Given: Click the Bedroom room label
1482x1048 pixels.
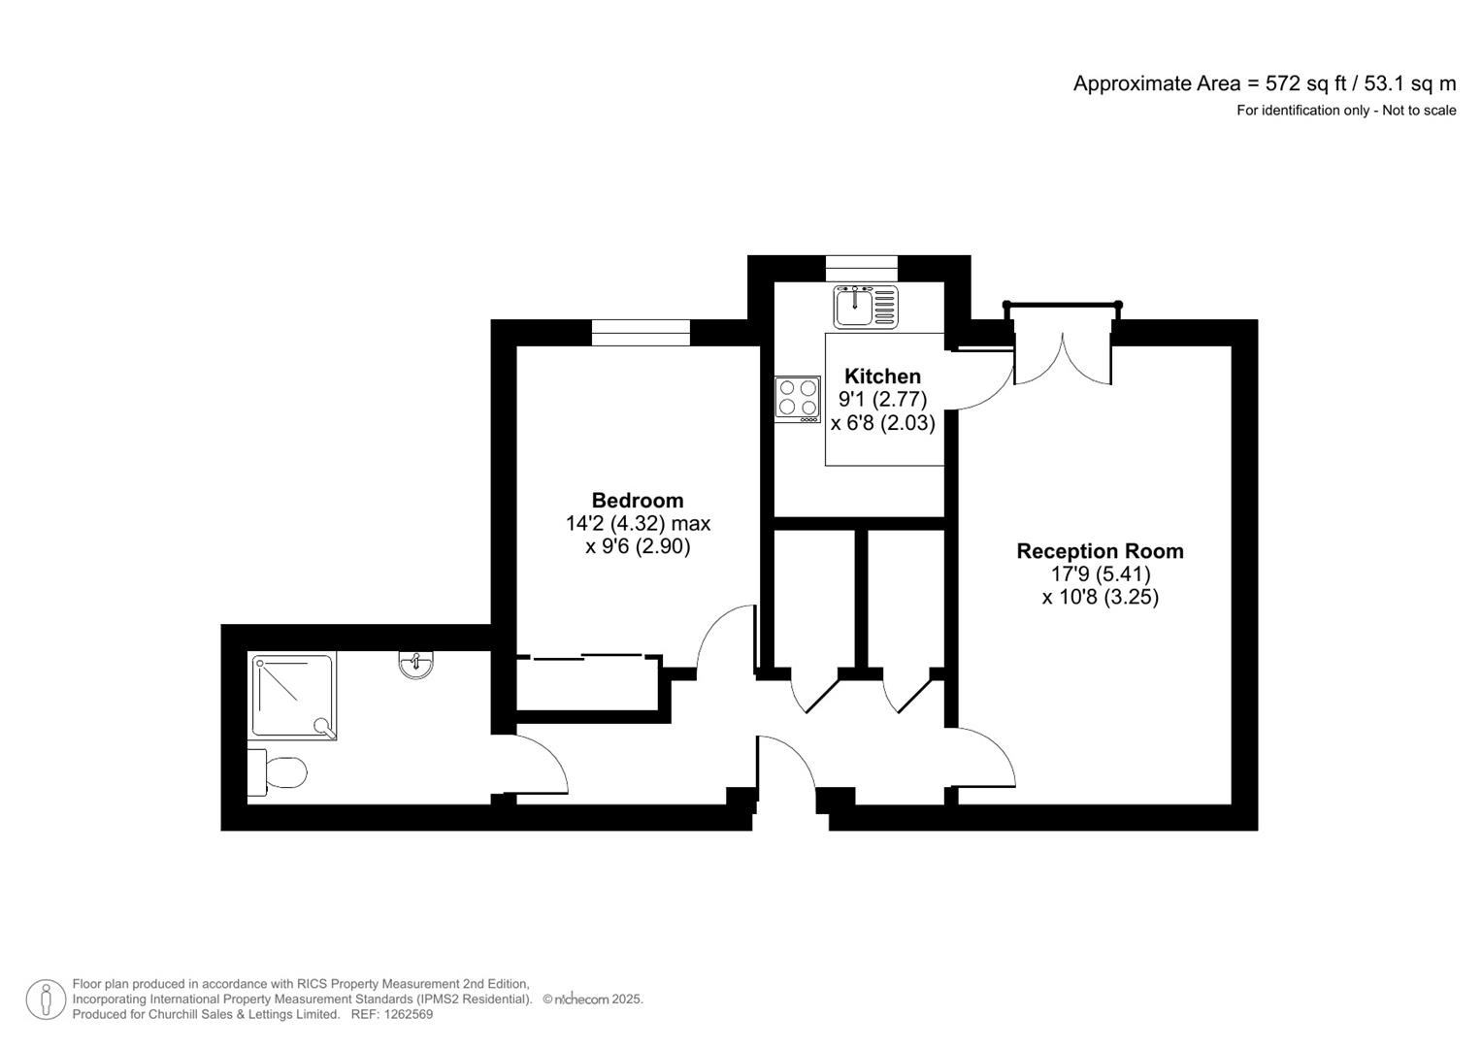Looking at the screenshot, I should tap(638, 501).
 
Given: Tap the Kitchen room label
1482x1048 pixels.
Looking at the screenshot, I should tap(882, 377).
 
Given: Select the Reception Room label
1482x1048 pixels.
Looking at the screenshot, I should tap(1100, 551).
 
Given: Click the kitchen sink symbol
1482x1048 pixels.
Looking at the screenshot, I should tap(865, 307).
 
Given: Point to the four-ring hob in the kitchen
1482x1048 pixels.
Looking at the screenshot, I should tap(797, 398).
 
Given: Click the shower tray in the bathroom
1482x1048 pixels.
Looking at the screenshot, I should tap(293, 696).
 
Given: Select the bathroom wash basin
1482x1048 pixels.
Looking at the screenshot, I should tap(416, 664).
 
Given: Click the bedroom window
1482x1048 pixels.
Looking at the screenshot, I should tap(641, 333).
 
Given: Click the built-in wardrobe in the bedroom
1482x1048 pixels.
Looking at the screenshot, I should tap(588, 685).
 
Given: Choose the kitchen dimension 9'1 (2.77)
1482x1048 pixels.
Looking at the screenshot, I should tap(882, 400).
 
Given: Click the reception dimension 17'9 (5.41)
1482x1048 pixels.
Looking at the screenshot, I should tap(1100, 574).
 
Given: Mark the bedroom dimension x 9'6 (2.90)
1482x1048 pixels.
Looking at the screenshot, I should tap(638, 547).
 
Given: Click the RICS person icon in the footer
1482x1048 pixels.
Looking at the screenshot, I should tap(46, 999).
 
